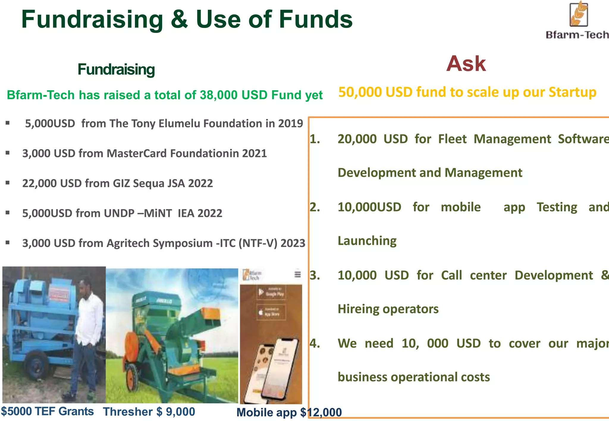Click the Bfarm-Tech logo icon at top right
(578, 14)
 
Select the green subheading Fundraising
(116, 69)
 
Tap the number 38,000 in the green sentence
(219, 95)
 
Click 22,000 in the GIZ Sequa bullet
(40, 183)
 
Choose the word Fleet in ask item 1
(452, 139)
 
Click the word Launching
(367, 241)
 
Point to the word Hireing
(359, 309)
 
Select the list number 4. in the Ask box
(315, 344)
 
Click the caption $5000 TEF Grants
(47, 411)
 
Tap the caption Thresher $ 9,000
(149, 412)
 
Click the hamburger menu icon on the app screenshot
(297, 274)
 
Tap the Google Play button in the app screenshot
(271, 293)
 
